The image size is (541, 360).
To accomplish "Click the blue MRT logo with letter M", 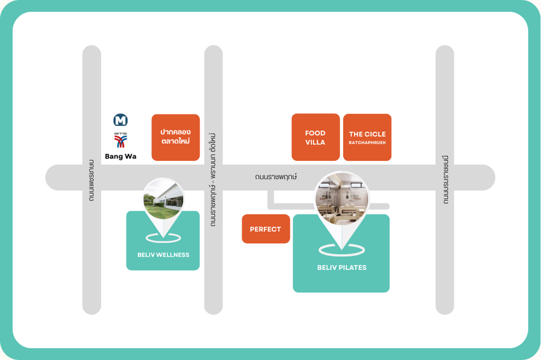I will [120, 120].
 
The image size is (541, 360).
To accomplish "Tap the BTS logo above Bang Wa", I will [120, 141].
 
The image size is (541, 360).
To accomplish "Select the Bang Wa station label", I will [121, 156].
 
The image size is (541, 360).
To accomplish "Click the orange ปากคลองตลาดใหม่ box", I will [175, 137].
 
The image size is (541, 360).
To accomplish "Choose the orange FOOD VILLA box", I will [315, 137].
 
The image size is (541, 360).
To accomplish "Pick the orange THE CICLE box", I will [367, 137].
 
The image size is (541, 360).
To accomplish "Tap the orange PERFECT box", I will [266, 229].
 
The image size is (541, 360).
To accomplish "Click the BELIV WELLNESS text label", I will [163, 255].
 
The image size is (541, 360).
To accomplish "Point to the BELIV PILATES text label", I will [341, 267].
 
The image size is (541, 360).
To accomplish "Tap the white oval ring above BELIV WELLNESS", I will [163, 237].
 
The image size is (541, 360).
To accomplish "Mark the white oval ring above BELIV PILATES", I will [341, 249].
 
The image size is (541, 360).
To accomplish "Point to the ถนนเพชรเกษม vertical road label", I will [91, 181].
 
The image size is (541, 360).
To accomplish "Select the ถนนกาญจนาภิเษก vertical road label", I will [445, 179].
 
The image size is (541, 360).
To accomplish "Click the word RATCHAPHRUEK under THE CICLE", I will [367, 143].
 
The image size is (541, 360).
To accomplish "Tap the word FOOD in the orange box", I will [315, 133].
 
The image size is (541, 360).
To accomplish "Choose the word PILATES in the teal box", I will [354, 267].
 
